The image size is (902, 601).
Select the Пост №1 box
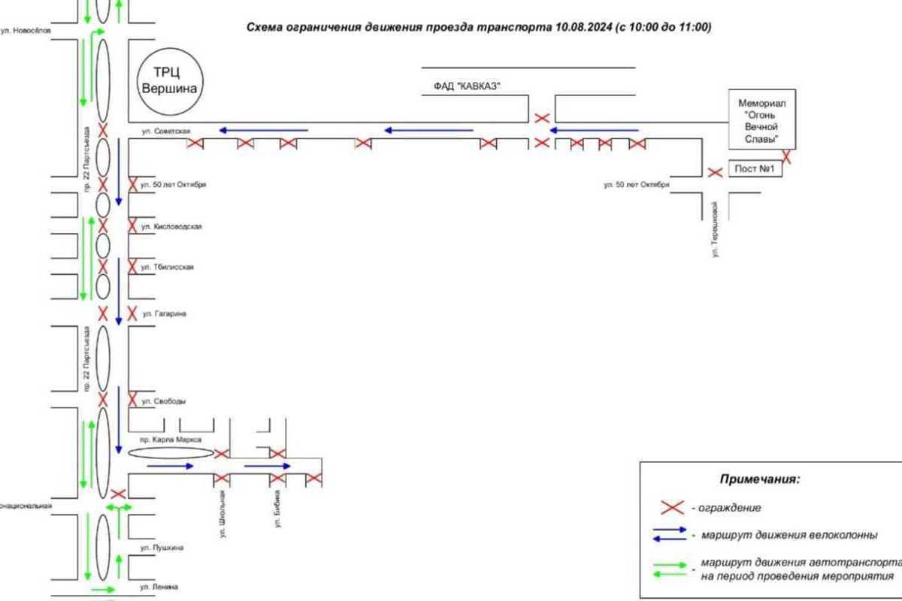[x=755, y=170]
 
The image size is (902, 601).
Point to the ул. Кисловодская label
[x=177, y=226]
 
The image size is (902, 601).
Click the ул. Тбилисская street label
[x=173, y=267]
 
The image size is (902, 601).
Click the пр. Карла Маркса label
[x=171, y=439]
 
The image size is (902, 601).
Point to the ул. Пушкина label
[x=162, y=548]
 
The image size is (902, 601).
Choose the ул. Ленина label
[x=160, y=585]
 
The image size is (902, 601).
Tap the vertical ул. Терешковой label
[x=717, y=228]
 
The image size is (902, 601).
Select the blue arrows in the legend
[x=668, y=535]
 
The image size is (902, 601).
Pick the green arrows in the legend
[x=668, y=569]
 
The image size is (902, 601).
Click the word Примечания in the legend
[x=760, y=479]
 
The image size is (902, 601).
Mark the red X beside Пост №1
[x=716, y=172]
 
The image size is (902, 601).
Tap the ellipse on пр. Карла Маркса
[x=171, y=453]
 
